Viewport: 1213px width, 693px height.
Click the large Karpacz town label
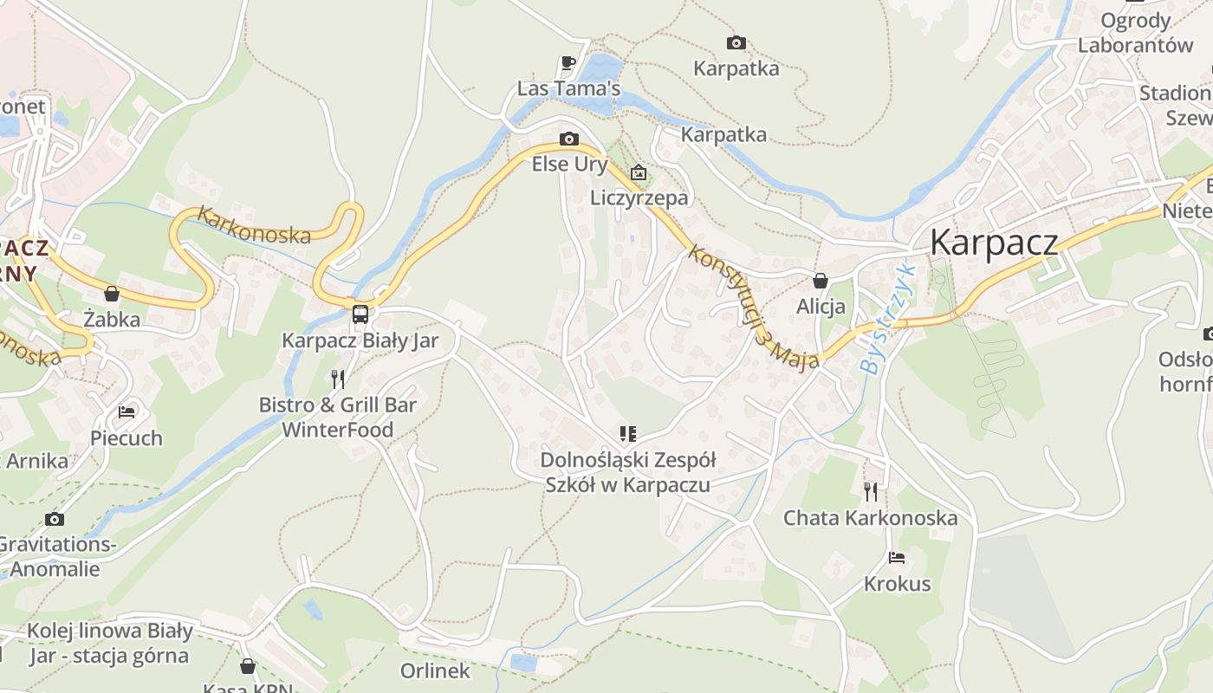[x=994, y=243]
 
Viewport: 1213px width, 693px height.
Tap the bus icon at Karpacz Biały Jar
[x=360, y=314]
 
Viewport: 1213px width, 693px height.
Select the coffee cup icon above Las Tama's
[x=568, y=62]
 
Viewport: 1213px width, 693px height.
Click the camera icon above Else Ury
[x=569, y=139]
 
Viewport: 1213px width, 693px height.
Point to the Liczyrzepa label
[x=639, y=198]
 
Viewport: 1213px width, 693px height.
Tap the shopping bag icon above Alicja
[x=820, y=281]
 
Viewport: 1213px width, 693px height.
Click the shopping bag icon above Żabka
[x=112, y=294]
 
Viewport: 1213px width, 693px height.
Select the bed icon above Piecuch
[x=126, y=412]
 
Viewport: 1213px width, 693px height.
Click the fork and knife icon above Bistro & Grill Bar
[x=338, y=379]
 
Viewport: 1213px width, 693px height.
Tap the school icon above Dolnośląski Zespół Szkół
[x=627, y=433]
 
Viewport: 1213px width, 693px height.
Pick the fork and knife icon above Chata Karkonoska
[x=871, y=492]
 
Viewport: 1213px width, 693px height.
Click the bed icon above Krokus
[x=897, y=558]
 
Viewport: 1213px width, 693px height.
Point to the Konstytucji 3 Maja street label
[x=754, y=308]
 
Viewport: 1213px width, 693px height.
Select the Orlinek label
[x=435, y=670]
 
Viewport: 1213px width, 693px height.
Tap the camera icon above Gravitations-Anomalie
[x=55, y=519]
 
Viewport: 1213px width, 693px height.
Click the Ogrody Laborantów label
[x=1135, y=32]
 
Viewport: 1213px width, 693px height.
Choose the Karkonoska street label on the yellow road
[x=254, y=224]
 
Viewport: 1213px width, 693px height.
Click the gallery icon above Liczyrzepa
[x=639, y=172]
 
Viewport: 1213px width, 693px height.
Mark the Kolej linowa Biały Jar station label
[x=111, y=642]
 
